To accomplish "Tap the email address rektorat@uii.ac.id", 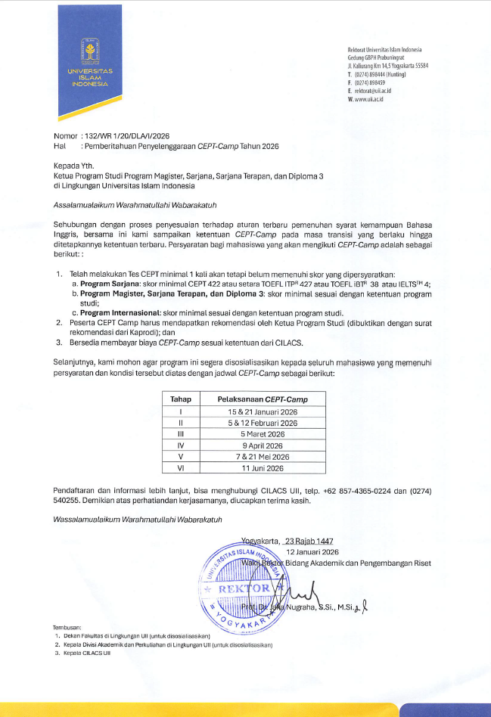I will (372, 91).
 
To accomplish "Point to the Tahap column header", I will (181, 399).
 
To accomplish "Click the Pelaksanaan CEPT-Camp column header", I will (263, 399).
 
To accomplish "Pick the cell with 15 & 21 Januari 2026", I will (263, 411).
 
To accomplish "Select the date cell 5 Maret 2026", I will (263, 434).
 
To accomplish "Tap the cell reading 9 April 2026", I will (263, 445).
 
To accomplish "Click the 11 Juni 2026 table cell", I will (263, 469).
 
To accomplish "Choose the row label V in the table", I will (181, 457).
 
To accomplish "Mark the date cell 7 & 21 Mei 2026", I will (263, 457).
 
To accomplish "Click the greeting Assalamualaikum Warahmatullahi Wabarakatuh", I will (138, 205).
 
